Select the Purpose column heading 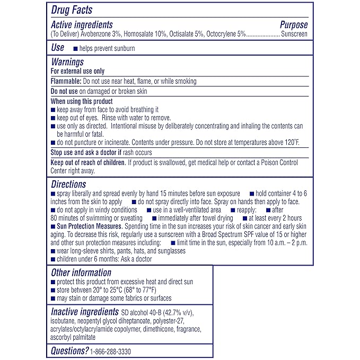tap(293, 24)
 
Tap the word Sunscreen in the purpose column tap(294, 33)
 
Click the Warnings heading tap(67, 62)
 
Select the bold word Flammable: tap(66, 81)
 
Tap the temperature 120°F tap(292, 143)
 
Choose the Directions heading tap(68, 185)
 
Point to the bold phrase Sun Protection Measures tap(87, 226)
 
